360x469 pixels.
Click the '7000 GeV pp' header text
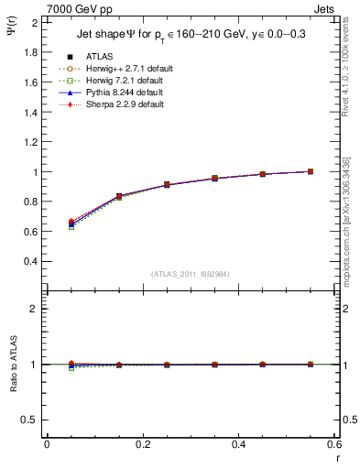[x=80, y=9]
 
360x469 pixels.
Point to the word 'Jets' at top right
[x=323, y=9]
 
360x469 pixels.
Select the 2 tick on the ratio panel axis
[x=36, y=309]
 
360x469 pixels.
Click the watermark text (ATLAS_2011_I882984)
[x=190, y=273]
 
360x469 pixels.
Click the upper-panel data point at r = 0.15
[x=118, y=196]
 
